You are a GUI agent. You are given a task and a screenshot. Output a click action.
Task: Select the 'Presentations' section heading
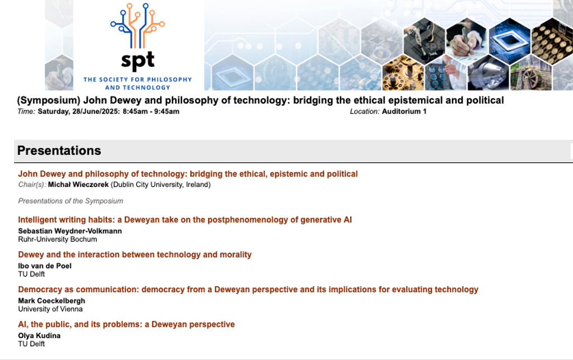coord(59,151)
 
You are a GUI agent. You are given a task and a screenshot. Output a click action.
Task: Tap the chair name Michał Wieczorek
coord(78,185)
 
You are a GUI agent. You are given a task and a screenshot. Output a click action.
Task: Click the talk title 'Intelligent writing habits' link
coord(185,220)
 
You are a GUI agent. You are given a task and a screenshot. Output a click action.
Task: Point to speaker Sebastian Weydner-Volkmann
coord(70,231)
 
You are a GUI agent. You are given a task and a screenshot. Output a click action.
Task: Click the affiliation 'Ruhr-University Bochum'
coord(58,240)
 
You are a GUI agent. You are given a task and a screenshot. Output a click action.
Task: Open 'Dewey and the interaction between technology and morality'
coord(135,255)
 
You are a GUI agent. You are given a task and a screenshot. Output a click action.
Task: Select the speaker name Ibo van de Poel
coord(45,266)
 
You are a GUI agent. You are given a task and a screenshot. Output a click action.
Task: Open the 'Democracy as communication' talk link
coord(248,289)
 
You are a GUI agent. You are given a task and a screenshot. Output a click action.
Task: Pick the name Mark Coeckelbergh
coord(52,301)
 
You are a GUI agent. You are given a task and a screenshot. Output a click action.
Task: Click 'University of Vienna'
coord(50,309)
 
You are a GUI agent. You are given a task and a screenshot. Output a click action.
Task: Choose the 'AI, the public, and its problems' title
coord(127,325)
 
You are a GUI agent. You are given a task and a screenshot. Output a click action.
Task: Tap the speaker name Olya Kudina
coord(39,335)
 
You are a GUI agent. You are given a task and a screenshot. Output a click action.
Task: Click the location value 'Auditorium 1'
coord(404,111)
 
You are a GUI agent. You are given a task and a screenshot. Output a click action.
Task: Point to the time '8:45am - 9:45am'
coord(151,111)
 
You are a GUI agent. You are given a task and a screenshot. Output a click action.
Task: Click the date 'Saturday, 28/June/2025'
coord(78,111)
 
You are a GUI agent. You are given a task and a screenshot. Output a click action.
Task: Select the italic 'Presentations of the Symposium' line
coord(71,201)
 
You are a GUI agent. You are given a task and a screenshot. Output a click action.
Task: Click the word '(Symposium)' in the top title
coord(49,100)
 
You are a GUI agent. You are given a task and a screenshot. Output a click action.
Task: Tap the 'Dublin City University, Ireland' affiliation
coord(161,185)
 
